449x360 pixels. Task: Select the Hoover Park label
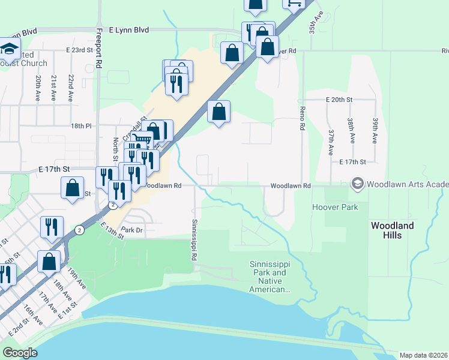pyautogui.click(x=334, y=207)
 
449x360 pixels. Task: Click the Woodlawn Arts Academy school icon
pyautogui.click(x=358, y=182)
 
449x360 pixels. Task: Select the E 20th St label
pyautogui.click(x=339, y=99)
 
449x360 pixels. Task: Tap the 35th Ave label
pyautogui.click(x=318, y=22)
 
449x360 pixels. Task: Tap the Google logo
pyautogui.click(x=20, y=353)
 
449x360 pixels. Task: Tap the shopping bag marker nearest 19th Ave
pyautogui.click(x=49, y=261)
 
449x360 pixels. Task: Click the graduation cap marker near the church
pyautogui.click(x=9, y=48)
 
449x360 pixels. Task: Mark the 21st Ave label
pyautogui.click(x=54, y=87)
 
